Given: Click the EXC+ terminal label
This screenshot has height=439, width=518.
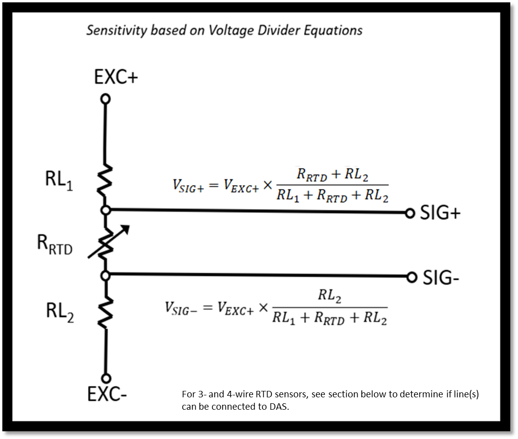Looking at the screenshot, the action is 116,77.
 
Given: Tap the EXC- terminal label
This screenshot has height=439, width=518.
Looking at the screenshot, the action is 107,394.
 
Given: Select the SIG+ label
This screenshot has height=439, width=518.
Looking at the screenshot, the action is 440,212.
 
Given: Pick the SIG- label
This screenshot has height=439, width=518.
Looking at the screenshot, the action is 441,277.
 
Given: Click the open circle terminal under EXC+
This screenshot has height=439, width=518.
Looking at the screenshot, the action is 105,99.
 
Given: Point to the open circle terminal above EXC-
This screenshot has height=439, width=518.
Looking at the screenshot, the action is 106,378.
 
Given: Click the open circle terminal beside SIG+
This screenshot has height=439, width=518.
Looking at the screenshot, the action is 410,213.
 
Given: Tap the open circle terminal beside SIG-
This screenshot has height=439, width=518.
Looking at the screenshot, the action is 412,277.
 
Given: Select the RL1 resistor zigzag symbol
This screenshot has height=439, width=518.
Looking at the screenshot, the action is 105,181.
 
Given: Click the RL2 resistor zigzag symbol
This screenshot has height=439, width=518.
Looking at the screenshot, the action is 105,312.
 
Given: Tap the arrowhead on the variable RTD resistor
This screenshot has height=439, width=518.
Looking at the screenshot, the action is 125,230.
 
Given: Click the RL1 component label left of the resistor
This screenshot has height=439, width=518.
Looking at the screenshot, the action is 59,181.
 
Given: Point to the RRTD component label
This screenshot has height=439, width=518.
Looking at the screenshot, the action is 54,245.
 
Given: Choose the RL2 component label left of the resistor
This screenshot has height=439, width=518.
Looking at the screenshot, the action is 60,313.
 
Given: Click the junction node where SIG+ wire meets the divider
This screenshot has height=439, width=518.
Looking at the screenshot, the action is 105,210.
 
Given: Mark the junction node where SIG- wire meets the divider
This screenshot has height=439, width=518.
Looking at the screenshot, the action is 105,275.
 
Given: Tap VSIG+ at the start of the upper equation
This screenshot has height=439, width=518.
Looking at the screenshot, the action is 188,186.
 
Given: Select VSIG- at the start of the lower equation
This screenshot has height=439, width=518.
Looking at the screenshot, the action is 181,309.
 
